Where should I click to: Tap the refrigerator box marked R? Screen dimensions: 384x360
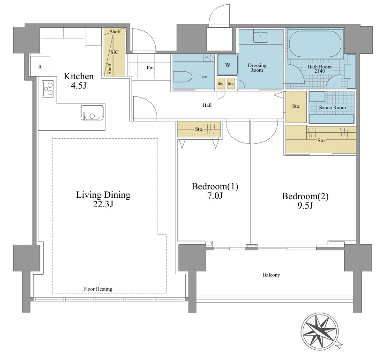point(40,66)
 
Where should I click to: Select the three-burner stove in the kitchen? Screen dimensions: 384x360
point(48,89)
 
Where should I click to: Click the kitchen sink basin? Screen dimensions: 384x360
point(92,112)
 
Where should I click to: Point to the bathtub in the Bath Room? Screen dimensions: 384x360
point(315,44)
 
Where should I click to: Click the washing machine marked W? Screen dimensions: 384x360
point(227,65)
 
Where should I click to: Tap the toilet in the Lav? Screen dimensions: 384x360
point(183,77)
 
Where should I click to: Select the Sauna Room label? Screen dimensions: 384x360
point(332,107)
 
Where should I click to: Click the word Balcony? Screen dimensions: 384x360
point(271,275)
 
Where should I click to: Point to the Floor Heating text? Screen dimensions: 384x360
point(98,289)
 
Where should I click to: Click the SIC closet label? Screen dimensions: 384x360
point(114,52)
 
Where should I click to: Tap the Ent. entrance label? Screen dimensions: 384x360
point(151,68)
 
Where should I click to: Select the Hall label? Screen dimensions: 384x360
point(207,105)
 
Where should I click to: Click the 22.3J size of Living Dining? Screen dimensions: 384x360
point(103,204)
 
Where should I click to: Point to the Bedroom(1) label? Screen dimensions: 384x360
point(215,187)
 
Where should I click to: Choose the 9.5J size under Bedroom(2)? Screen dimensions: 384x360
point(305,205)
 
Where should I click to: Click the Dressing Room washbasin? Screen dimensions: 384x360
point(261,37)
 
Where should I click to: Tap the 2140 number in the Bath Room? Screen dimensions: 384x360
point(320,71)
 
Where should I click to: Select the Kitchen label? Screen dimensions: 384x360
point(79,76)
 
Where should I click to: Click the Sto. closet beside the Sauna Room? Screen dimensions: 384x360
point(296,107)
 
